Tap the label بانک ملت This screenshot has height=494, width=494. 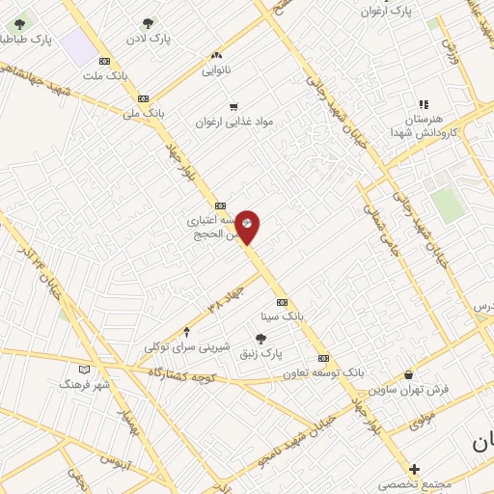[104, 74]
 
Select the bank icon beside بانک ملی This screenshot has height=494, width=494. [143, 97]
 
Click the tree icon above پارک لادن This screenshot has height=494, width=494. [148, 23]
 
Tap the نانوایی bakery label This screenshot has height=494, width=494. [216, 70]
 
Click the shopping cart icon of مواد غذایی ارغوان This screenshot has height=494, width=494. [232, 106]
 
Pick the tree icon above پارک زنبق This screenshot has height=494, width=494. [261, 338]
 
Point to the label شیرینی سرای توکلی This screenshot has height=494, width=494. [186, 345]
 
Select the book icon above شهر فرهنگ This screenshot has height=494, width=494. [84, 369]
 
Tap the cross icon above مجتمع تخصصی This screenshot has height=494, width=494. [414, 468]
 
